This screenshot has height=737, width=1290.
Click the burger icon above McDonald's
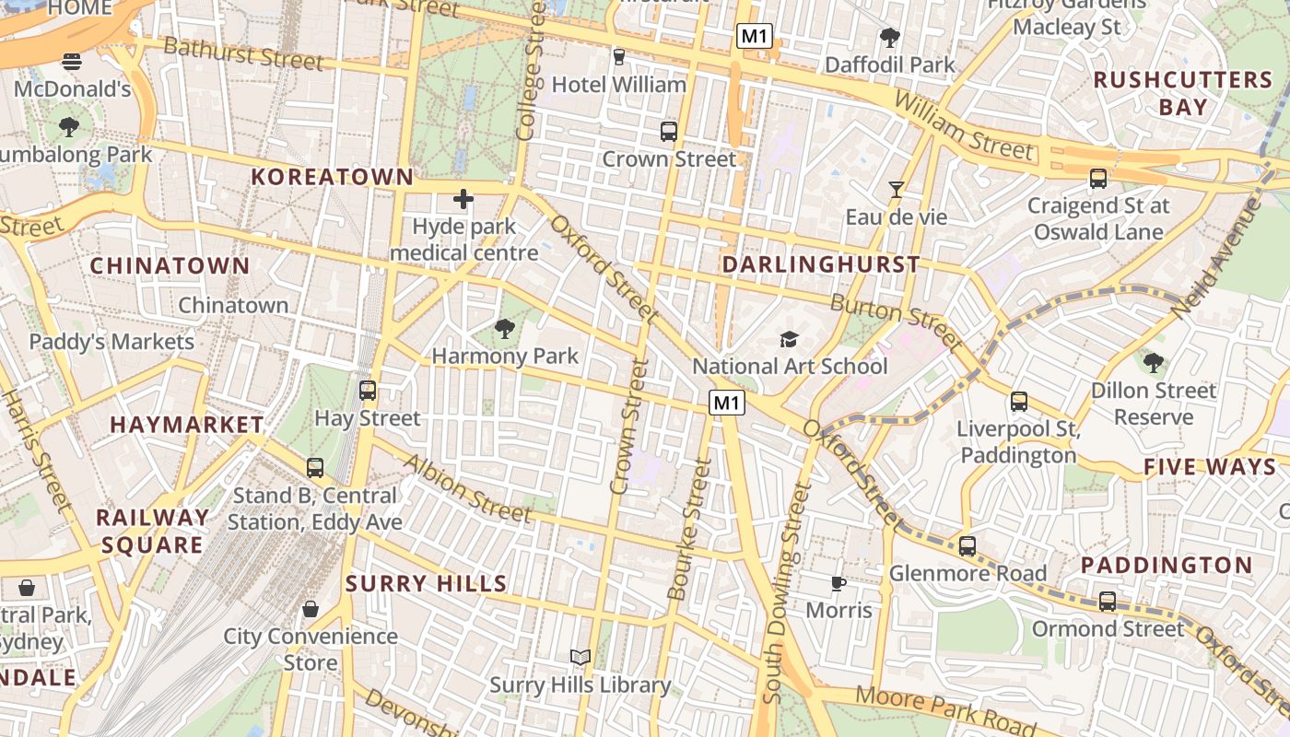tap(72, 62)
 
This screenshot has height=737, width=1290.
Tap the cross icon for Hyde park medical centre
tap(463, 198)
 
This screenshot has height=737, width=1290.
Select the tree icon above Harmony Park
tap(504, 328)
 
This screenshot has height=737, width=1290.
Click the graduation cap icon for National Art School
tap(789, 339)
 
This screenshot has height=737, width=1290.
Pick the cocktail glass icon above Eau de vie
tap(896, 190)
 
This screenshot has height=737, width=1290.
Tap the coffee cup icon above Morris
tap(838, 583)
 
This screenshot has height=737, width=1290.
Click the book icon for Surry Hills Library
tap(580, 657)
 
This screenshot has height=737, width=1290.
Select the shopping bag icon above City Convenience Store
tap(311, 609)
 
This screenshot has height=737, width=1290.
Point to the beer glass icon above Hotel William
tap(618, 57)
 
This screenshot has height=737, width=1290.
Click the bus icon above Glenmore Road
tap(967, 545)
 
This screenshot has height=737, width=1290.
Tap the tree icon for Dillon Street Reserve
tap(1153, 362)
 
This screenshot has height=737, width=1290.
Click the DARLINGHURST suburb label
tap(821, 264)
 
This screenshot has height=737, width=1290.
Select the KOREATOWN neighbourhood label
tap(333, 177)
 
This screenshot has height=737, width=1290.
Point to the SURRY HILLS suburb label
tap(426, 583)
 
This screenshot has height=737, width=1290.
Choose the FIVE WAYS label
tap(1210, 467)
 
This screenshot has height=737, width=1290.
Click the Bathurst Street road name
tap(243, 54)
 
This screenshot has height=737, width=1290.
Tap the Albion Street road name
tap(466, 488)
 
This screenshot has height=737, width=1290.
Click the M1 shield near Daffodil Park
tap(754, 37)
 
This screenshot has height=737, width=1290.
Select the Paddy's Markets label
tap(111, 342)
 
